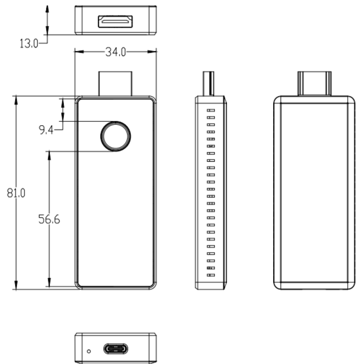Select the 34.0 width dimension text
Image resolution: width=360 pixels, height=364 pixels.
point(115,52)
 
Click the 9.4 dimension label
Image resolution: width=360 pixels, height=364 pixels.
point(46,131)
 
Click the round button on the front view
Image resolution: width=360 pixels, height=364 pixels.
point(115,136)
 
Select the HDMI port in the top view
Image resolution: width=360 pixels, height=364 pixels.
point(115,21)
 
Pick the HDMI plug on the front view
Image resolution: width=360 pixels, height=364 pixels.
point(115,83)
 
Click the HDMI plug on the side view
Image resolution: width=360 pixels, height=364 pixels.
point(208,83)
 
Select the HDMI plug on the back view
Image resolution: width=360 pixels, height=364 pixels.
point(314,83)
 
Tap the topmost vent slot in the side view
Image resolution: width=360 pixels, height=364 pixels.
point(211,110)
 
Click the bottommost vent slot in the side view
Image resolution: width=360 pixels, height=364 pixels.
point(211,276)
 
